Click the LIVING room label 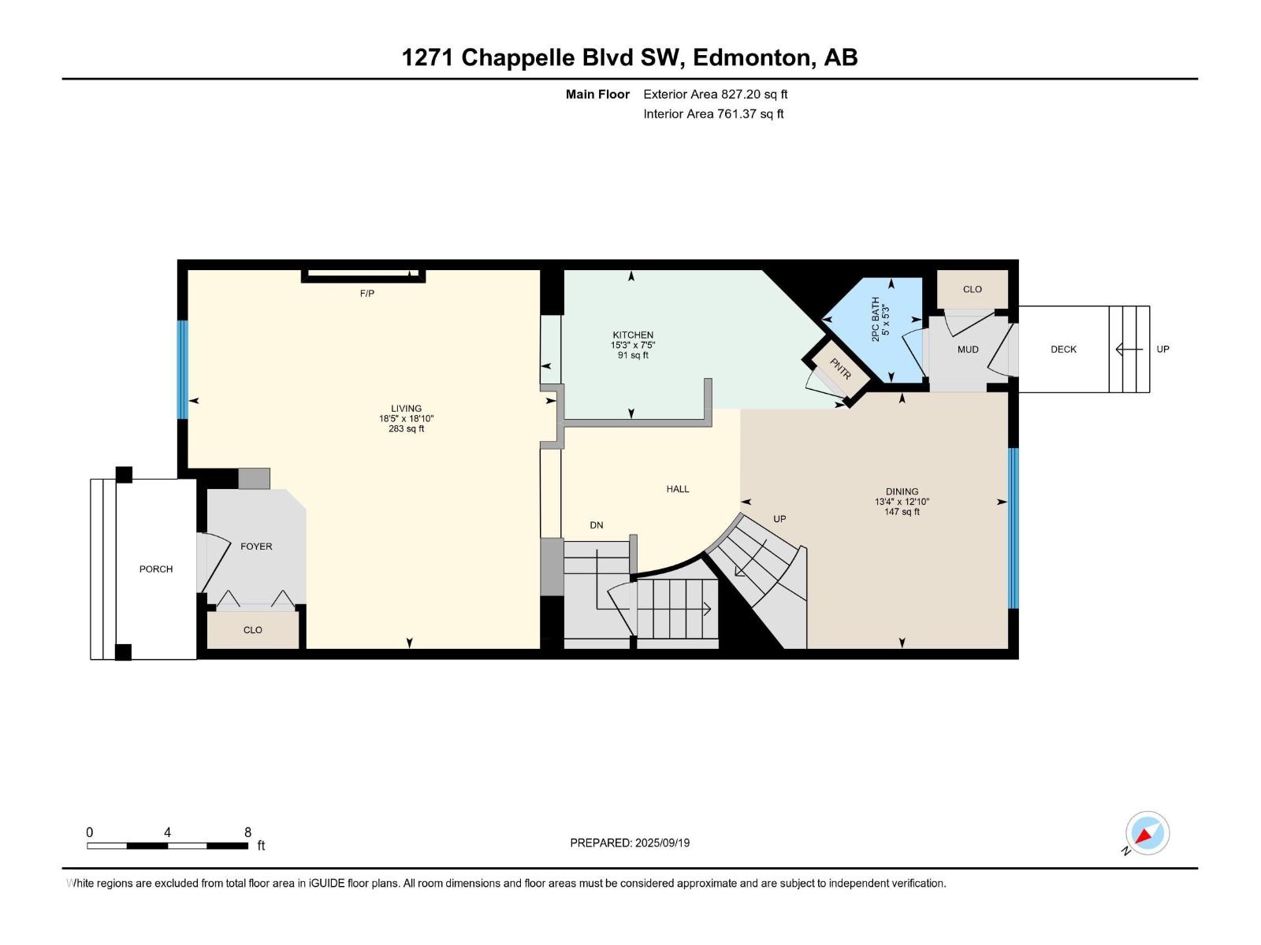(406, 409)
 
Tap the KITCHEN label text (633, 335)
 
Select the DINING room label (902, 491)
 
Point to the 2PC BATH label (876, 319)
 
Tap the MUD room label (968, 349)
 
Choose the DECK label (1063, 349)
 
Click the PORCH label (156, 569)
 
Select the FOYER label (256, 546)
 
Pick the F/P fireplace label (367, 293)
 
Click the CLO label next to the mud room (973, 289)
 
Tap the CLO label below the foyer (252, 630)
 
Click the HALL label (678, 489)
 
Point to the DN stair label (597, 525)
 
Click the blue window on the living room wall (183, 369)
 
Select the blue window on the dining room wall (1014, 528)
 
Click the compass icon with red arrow (1147, 833)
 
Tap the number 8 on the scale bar (247, 832)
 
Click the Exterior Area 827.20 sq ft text (716, 94)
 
